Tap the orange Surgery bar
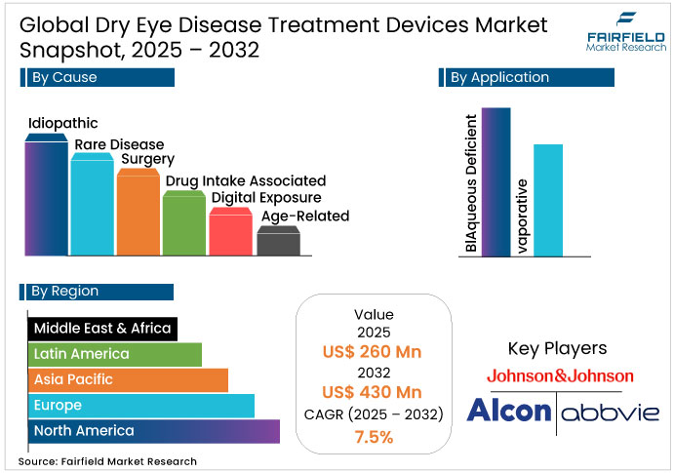pos(138,215)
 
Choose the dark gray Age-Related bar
pos(278,243)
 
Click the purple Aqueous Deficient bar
pos(496,182)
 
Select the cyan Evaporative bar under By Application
pos(548,200)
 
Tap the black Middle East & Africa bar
pos(102,329)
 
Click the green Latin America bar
pos(115,354)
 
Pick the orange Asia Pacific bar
pos(128,379)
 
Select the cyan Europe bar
pos(141,405)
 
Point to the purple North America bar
pos(154,430)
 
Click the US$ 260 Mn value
pos(374,352)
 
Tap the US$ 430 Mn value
pos(374,393)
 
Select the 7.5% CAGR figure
pos(374,436)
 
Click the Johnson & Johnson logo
pos(560,375)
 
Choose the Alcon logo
pos(508,412)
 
